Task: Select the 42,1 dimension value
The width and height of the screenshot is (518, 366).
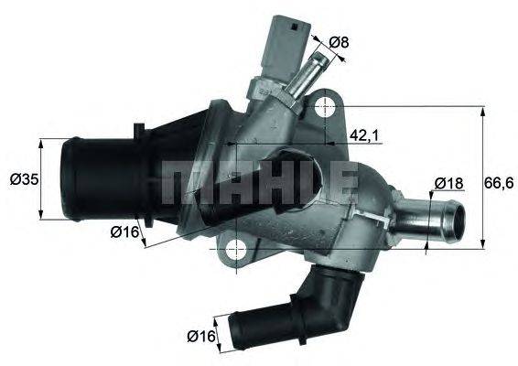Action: (x=365, y=135)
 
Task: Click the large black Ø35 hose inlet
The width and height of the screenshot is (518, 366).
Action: (x=92, y=178)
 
